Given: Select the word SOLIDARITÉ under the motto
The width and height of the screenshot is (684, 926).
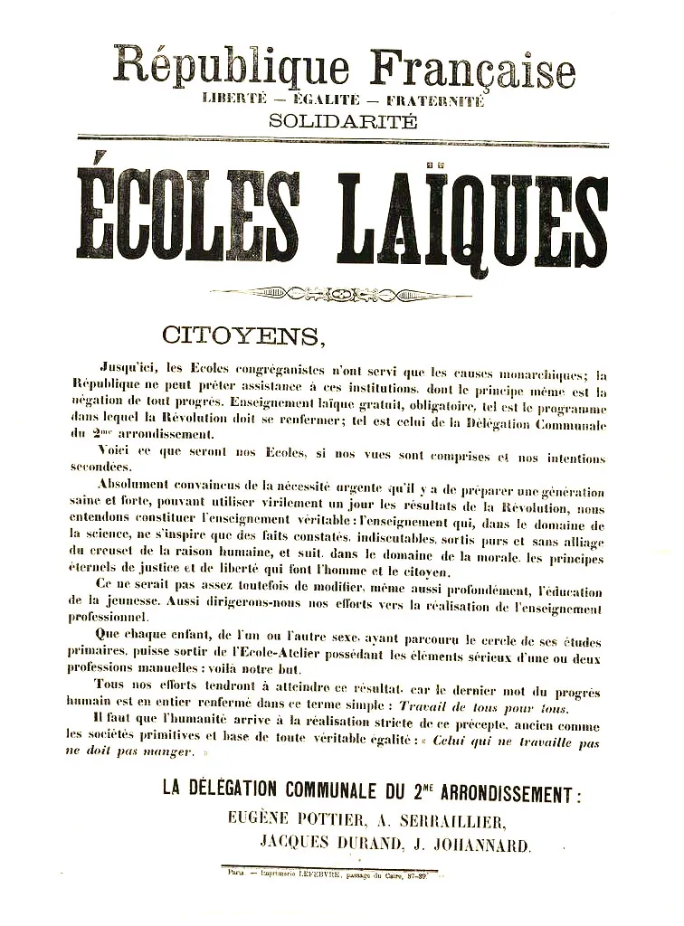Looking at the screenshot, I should (343, 121).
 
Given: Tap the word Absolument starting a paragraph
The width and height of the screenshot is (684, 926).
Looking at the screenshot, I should (135, 483).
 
